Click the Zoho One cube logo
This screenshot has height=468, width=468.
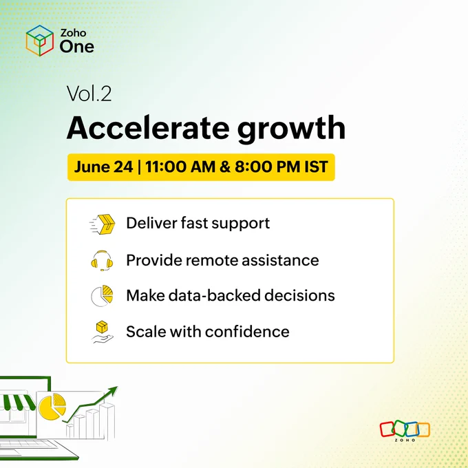[x=40, y=41]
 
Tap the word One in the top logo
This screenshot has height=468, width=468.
[x=76, y=47]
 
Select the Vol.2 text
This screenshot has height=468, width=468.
[x=89, y=94]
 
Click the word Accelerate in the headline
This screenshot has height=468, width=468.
[x=148, y=128]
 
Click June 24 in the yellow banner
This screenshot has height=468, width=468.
[x=103, y=167]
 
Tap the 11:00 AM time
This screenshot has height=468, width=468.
[x=180, y=167]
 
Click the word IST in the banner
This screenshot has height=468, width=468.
[x=316, y=167]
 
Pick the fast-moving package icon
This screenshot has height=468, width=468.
[x=103, y=224]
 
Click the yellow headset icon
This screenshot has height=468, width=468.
[x=102, y=261]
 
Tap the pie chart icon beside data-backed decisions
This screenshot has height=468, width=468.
[x=102, y=296]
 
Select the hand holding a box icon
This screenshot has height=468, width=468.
[x=102, y=332]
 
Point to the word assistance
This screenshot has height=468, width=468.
[x=280, y=260]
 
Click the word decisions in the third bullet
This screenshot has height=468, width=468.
[x=299, y=295]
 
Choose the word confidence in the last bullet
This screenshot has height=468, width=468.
[x=247, y=332]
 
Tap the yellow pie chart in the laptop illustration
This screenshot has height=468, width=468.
[x=52, y=406]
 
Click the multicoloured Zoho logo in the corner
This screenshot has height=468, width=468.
[x=405, y=431]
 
